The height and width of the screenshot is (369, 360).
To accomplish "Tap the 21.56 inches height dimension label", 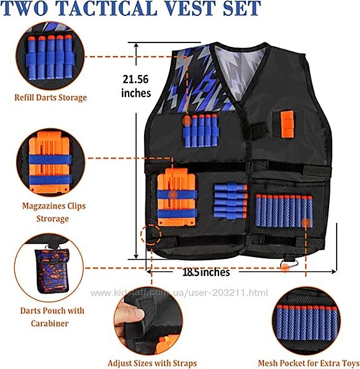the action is click(x=136, y=86).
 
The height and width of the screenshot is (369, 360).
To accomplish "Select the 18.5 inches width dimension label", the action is click(x=206, y=272).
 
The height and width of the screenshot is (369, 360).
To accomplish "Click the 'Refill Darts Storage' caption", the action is click(x=50, y=97).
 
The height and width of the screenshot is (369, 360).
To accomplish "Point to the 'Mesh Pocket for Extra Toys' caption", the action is click(x=308, y=363).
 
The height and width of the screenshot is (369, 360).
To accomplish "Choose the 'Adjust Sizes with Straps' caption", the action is click(x=152, y=363).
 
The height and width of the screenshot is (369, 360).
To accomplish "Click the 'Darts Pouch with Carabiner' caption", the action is click(x=52, y=317).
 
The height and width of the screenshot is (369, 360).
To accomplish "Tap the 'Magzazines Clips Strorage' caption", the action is click(x=54, y=212).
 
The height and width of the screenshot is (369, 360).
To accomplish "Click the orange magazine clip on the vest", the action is click(x=177, y=197).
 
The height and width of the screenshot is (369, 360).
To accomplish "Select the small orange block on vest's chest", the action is click(x=287, y=124).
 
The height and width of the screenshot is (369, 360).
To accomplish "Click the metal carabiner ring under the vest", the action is click(x=289, y=264).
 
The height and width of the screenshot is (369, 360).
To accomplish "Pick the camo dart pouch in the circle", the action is click(x=52, y=270).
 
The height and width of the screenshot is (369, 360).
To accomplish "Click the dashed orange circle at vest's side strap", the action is click(x=151, y=235).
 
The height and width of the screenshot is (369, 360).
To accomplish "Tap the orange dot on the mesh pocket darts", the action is click(x=306, y=223).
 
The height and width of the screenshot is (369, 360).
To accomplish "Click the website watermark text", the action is click(x=179, y=293).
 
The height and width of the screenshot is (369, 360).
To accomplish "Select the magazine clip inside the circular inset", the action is click(x=49, y=162).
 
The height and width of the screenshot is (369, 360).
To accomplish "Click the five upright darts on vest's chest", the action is click(x=201, y=130).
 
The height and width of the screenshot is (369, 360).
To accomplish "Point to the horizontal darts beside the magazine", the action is click(x=231, y=200).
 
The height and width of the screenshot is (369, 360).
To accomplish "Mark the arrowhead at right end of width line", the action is click(x=334, y=272).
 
